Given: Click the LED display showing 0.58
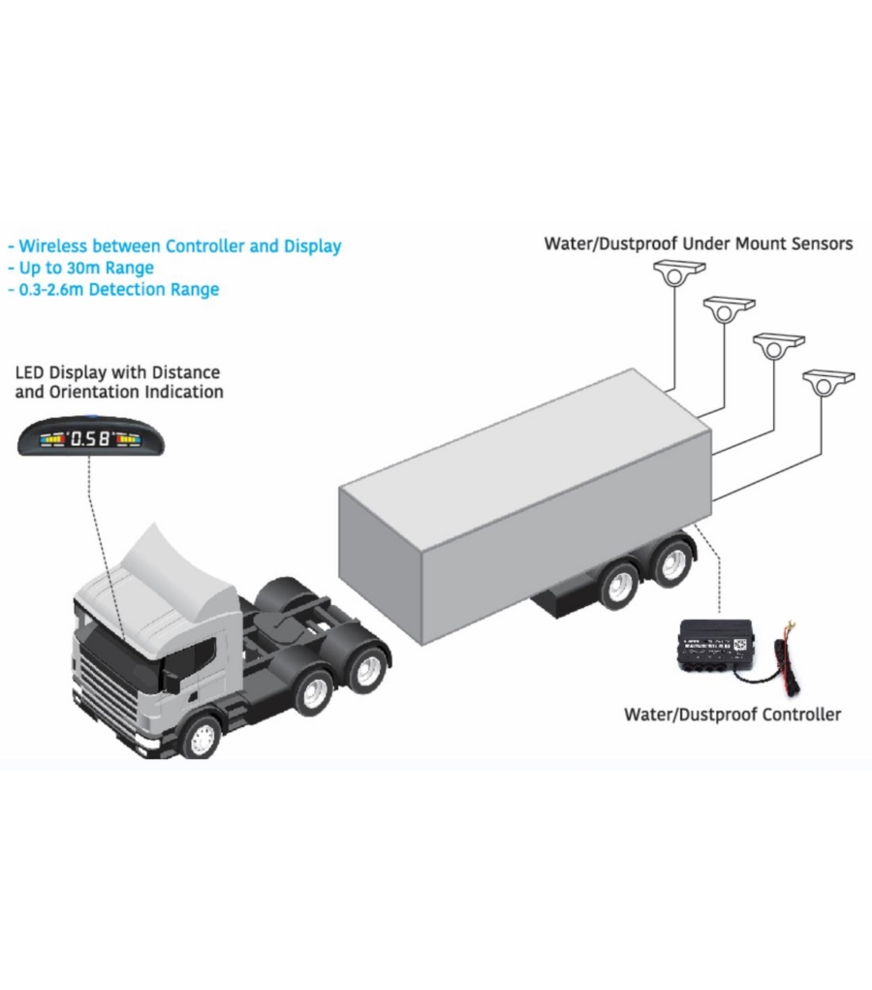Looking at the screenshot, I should click(x=92, y=438).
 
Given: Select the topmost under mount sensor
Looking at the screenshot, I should click(x=675, y=271).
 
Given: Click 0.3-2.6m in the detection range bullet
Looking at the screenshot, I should click(x=48, y=289).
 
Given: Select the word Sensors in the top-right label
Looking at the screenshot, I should click(x=822, y=242).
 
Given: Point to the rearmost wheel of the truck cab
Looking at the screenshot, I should click(x=367, y=668).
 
